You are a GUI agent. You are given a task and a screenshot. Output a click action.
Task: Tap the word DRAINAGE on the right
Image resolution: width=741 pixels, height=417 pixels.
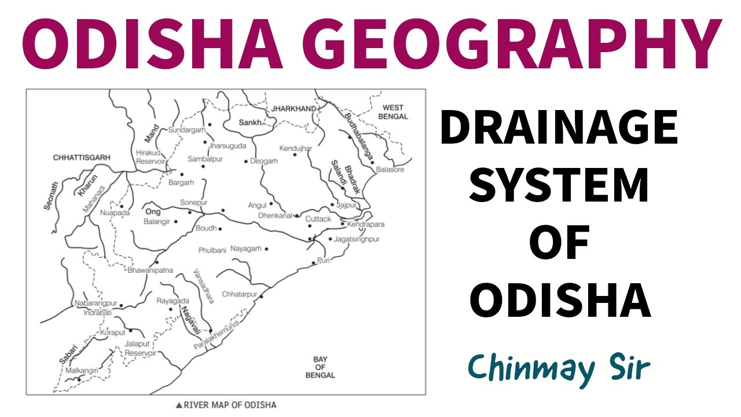pos(559,129)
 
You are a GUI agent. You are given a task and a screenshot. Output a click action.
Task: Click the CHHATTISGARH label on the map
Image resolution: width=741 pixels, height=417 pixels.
pos(81,158)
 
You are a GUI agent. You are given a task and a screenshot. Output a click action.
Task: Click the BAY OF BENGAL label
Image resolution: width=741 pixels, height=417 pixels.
pos(320,367)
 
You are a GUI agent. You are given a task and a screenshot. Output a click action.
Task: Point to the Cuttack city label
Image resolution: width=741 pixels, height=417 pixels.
pos(318,219)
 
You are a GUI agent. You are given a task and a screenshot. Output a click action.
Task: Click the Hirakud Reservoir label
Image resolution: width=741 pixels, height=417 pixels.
pos(151,157)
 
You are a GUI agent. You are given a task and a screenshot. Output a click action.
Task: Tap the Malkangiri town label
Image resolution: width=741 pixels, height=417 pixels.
pos(80,369)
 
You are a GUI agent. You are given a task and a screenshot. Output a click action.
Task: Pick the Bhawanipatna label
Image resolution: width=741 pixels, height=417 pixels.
pos(151,270)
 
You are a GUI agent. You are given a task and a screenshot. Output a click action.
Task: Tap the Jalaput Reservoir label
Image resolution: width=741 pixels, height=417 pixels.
pos(141,348)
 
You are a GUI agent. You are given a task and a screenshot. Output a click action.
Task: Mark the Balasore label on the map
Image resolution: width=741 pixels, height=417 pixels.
pos(390,170)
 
